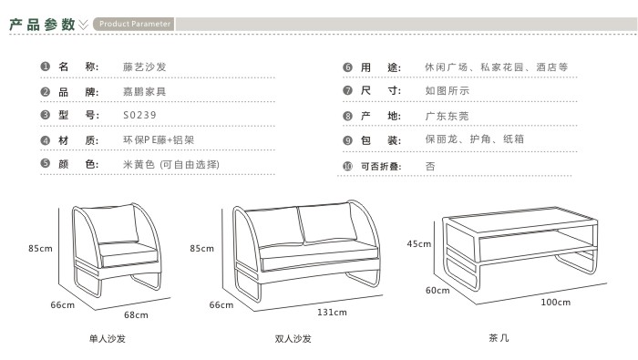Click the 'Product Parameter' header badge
pos(134,24)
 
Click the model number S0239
pos(139,115)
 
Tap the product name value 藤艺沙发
pos(144,67)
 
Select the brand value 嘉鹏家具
pos(144,91)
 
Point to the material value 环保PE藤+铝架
pos(159,140)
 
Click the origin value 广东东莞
pos(447,116)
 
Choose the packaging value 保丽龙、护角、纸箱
pos(475,139)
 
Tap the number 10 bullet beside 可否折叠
pos(347,166)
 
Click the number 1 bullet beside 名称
pos(45,67)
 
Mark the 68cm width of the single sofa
pos(136,314)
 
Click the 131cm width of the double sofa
pos(332,313)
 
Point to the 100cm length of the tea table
pos(555,303)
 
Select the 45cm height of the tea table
pos(418,243)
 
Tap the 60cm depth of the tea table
pos(437,290)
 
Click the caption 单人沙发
pos(108,338)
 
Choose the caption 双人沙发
pos(293,338)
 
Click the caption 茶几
pos(499,337)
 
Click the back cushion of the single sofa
pos(110,224)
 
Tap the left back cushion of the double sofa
pos(274,228)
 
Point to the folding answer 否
pos(430,166)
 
